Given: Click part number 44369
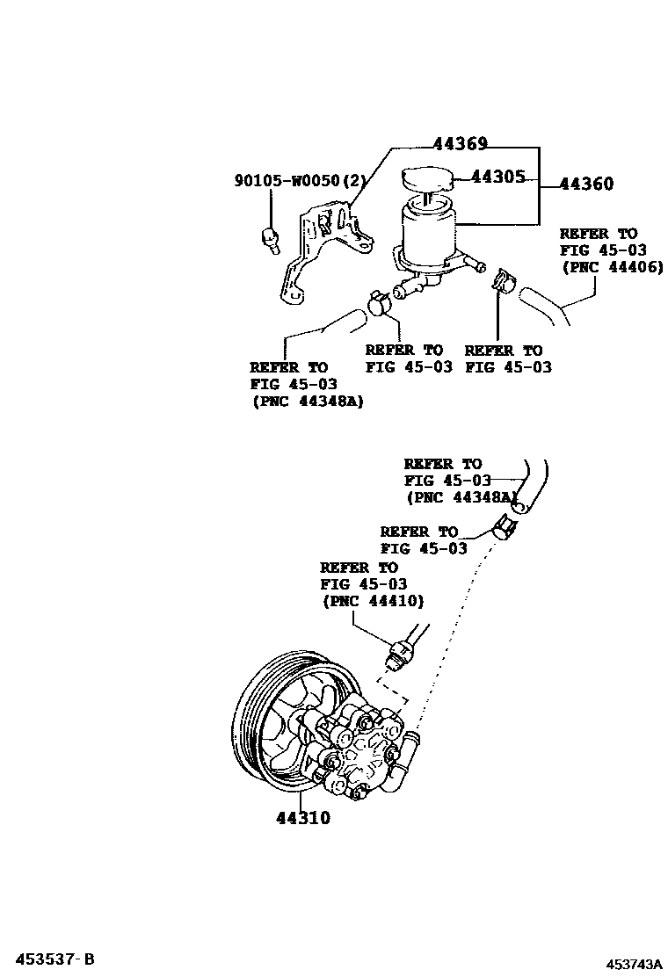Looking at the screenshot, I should pyautogui.click(x=459, y=145).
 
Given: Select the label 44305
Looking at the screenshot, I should pyautogui.click(x=498, y=177).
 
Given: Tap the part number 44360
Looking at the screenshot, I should pyautogui.click(x=585, y=184).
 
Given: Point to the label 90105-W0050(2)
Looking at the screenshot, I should pyautogui.click(x=299, y=181).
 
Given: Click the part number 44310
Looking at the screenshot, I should pyautogui.click(x=302, y=818).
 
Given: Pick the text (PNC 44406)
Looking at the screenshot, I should pyautogui.click(x=611, y=267).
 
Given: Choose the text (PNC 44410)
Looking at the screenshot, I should pyautogui.click(x=373, y=602).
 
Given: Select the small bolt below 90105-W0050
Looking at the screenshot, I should pyautogui.click(x=270, y=237).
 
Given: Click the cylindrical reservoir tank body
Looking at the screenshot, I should pyautogui.click(x=428, y=230).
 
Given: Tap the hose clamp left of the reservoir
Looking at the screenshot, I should pyautogui.click(x=380, y=301).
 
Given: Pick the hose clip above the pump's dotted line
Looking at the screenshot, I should pyautogui.click(x=504, y=528).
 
